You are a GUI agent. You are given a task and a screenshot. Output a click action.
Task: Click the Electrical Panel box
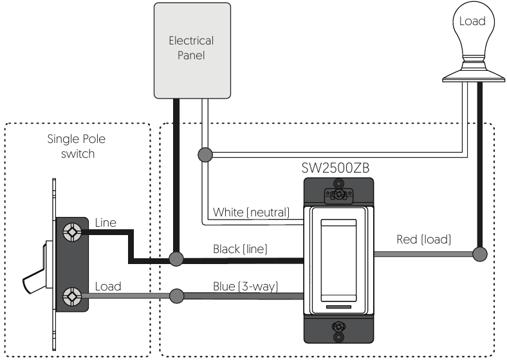tap(192, 50)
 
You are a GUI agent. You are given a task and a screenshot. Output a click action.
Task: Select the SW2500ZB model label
tap(335, 168)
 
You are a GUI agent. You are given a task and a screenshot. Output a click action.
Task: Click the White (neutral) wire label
tap(251, 213)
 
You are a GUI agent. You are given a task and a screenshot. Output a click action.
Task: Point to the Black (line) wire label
tap(240, 249)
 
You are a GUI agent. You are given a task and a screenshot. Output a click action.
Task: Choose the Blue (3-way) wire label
tap(245, 286)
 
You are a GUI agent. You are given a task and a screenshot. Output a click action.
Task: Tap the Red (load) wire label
tap(423, 239)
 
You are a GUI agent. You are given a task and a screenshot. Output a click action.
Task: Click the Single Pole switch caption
tap(77, 146)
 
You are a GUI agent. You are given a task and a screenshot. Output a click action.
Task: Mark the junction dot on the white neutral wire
tap(205, 155)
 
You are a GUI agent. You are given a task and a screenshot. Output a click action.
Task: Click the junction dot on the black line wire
tap(176, 259)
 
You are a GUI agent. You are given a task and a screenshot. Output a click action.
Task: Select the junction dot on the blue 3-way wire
tap(176, 296)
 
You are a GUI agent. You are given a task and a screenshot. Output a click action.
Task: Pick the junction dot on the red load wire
tap(480, 254)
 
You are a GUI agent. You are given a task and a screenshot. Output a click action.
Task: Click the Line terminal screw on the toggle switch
tap(72, 232)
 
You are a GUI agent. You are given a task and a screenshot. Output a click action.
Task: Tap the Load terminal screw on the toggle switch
tap(72, 296)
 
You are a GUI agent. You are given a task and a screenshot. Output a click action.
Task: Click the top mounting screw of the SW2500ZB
tap(338, 194)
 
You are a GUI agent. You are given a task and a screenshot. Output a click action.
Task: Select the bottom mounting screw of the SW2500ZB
tap(338, 331)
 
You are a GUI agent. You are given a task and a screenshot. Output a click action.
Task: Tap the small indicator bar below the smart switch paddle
tap(338, 307)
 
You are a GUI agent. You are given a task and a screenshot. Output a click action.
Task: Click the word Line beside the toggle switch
tap(106, 223)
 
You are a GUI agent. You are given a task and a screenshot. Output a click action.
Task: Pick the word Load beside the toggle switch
tap(108, 287)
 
